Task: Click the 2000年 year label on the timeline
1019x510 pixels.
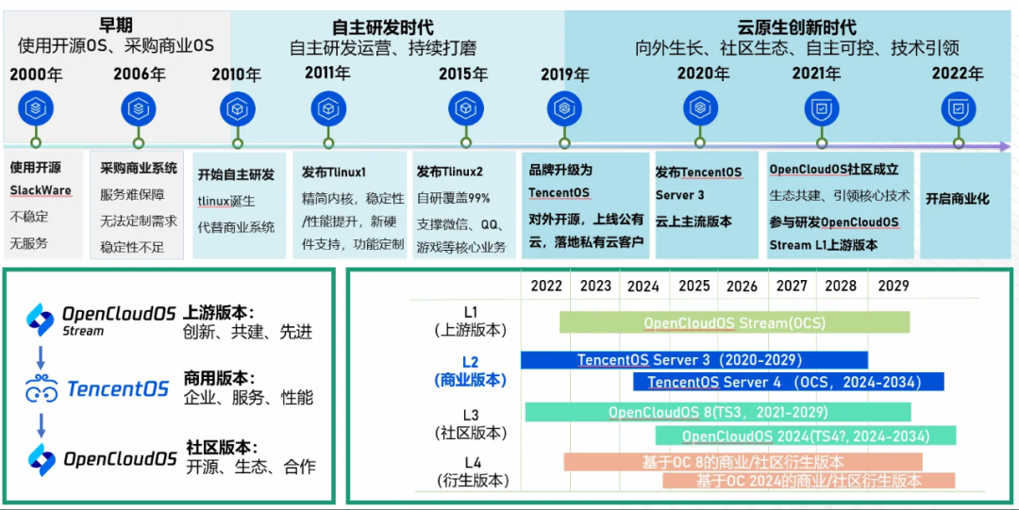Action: pos(36,74)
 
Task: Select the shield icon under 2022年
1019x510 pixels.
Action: pos(958,109)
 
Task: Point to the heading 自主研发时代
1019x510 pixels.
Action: pos(383,27)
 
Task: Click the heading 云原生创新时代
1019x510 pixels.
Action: pos(797,27)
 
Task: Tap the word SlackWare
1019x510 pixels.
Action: pos(41,190)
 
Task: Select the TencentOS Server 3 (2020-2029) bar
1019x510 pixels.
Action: pos(693,360)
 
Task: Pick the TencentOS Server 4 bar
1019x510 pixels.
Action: pos(788,382)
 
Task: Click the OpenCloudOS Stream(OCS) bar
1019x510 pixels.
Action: pos(734,322)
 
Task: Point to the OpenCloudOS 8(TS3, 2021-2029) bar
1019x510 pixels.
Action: pos(718,412)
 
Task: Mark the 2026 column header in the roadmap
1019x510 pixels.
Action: pos(742,286)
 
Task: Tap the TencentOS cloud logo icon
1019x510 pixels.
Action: pos(42,388)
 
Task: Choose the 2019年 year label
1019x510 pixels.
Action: pos(564,74)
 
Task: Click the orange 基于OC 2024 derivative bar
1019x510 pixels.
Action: pos(808,481)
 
